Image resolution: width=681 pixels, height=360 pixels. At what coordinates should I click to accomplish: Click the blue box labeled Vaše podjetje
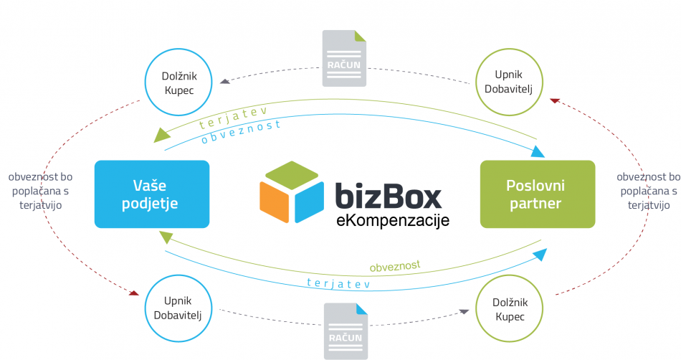pyautogui.click(x=151, y=194)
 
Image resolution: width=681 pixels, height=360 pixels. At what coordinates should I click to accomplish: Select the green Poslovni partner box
pyautogui.click(x=537, y=194)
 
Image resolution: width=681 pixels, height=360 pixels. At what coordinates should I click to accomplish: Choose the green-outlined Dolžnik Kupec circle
pyautogui.click(x=508, y=309)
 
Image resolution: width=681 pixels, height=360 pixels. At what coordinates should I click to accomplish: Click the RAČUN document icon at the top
pyautogui.click(x=343, y=58)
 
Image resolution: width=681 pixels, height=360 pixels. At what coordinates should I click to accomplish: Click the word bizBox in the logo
pyautogui.click(x=388, y=196)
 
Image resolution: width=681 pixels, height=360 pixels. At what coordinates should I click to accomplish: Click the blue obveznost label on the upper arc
pyautogui.click(x=241, y=131)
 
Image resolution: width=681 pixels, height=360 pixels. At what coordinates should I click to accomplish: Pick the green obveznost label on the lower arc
pyautogui.click(x=394, y=267)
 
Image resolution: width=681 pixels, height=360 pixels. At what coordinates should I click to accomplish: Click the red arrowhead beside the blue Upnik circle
pyautogui.click(x=133, y=293)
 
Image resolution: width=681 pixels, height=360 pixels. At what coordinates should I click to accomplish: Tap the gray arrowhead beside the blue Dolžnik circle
pyautogui.click(x=225, y=81)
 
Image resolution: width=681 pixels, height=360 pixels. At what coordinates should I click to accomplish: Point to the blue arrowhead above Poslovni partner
pyautogui.click(x=538, y=151)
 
